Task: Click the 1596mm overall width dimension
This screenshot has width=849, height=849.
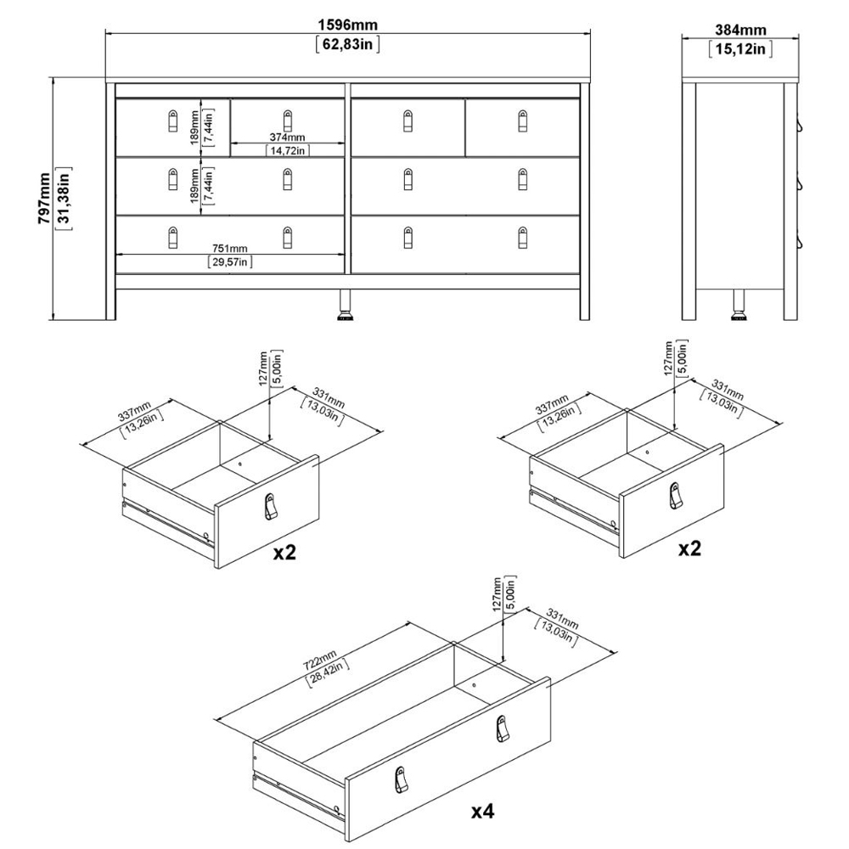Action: click(347, 25)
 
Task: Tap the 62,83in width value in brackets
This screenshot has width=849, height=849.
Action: click(347, 44)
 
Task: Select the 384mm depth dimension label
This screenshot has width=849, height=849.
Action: click(740, 30)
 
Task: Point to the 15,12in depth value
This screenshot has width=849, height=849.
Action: click(740, 48)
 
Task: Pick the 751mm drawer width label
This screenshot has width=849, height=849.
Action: click(229, 249)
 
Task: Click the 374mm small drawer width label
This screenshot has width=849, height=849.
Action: click(288, 138)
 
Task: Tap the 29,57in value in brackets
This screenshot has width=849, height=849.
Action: click(230, 262)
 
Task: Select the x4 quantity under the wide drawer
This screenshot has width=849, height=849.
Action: click(482, 811)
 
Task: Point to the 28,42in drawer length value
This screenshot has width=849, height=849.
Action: click(327, 673)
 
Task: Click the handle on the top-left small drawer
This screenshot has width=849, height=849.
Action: click(172, 121)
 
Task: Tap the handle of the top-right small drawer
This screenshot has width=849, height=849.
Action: click(522, 121)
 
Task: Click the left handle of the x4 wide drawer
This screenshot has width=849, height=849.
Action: click(400, 779)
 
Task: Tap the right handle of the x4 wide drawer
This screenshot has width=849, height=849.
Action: click(502, 729)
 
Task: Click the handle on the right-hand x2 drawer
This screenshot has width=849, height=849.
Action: click(675, 496)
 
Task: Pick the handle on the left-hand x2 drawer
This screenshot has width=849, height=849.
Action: click(270, 506)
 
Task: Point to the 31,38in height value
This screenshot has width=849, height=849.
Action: click(64, 198)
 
